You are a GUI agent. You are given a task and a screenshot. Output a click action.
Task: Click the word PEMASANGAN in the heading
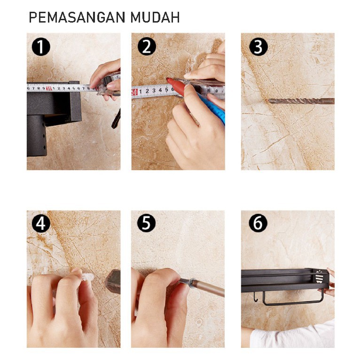(77, 17)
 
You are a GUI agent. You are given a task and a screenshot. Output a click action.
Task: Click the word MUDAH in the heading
(155, 17)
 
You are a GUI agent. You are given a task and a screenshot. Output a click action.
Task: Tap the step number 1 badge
(41, 47)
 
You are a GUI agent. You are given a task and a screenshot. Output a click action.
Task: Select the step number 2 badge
(147, 47)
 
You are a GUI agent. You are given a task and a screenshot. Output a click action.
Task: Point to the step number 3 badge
(258, 47)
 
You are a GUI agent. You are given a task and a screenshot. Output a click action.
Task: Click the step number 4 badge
(41, 223)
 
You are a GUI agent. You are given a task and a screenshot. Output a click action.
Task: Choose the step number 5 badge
(147, 223)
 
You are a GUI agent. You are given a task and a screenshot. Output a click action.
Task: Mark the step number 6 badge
(258, 223)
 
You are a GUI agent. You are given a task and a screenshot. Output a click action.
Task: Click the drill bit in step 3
(301, 101)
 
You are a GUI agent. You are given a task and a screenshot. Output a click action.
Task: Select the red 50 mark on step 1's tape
(49, 88)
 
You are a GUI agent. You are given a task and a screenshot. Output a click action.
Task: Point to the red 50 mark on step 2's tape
(134, 92)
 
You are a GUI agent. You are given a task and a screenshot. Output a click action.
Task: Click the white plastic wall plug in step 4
(88, 278)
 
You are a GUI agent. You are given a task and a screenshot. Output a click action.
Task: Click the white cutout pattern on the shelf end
(319, 277)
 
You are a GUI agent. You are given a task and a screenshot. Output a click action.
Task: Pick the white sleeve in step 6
(292, 336)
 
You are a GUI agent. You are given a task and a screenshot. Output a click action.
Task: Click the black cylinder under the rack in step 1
(37, 135)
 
